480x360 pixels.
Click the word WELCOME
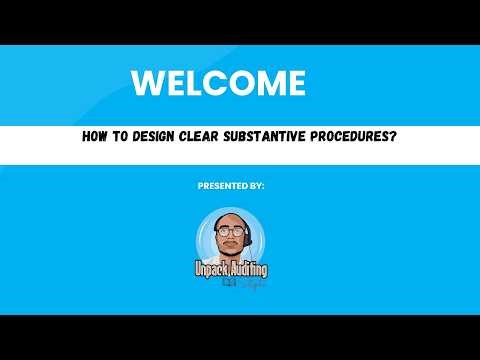coord(218,83)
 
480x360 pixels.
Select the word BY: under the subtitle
coord(257,186)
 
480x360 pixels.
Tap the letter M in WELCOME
coord(265,83)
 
